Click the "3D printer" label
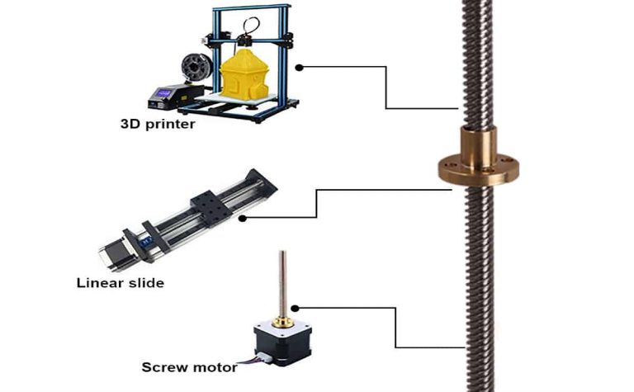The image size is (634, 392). (x=158, y=124)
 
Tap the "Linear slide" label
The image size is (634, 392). (x=121, y=282)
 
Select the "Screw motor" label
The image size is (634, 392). (x=189, y=367)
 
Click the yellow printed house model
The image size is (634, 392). (x=244, y=75)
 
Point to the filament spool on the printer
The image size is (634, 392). (x=196, y=68)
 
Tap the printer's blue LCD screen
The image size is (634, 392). (x=164, y=93)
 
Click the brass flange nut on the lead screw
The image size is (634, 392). (x=478, y=157)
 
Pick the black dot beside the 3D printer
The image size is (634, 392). (x=299, y=68)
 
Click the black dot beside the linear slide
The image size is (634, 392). (x=242, y=219)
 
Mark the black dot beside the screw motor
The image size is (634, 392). (x=296, y=309)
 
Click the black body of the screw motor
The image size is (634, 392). (x=282, y=344)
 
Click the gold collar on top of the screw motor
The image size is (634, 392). (x=282, y=322)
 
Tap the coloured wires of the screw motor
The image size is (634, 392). (x=253, y=358)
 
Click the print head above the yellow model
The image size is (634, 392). (x=244, y=40)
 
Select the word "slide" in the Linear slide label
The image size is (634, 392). (x=146, y=282)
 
